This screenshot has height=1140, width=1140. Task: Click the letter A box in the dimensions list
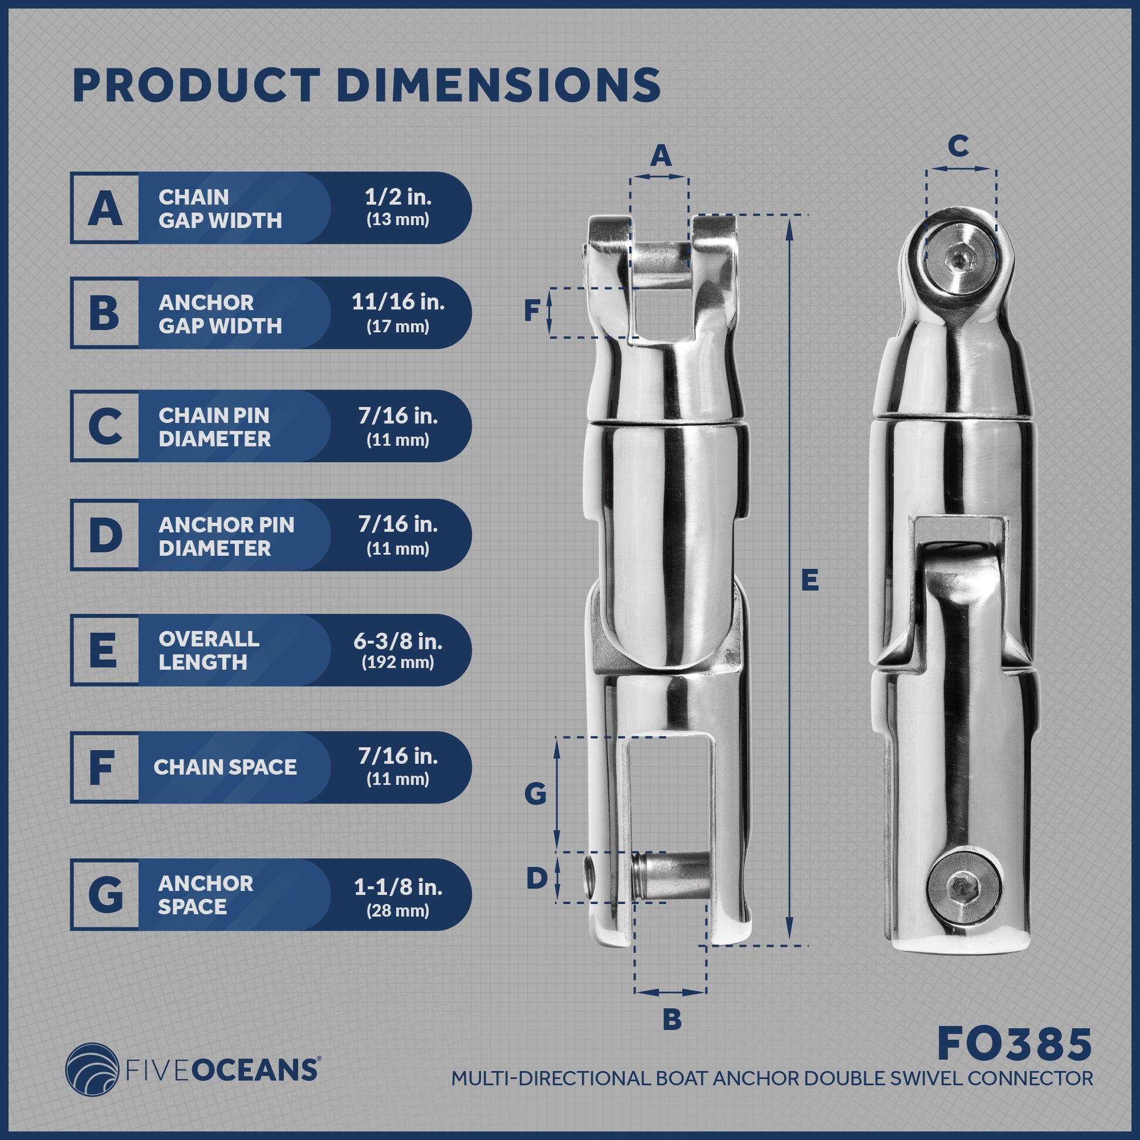click(105, 208)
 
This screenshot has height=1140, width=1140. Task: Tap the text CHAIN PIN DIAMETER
click(214, 426)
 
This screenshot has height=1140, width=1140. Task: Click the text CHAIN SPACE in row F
click(225, 767)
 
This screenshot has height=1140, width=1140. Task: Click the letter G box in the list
click(105, 895)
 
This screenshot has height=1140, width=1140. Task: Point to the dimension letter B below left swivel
click(672, 1019)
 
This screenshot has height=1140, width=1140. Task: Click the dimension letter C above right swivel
click(958, 146)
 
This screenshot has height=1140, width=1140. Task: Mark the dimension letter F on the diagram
click(533, 311)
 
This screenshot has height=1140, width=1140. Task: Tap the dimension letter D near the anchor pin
click(537, 879)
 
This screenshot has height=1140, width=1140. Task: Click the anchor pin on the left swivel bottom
click(673, 875)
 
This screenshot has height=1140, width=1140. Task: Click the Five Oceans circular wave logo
click(89, 1070)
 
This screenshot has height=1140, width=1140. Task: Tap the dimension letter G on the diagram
click(535, 795)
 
